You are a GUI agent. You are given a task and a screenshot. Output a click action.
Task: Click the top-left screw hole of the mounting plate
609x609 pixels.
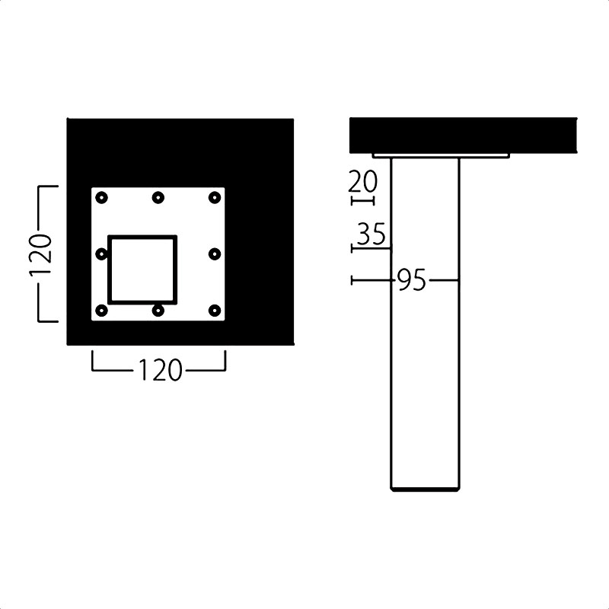pos(101,198)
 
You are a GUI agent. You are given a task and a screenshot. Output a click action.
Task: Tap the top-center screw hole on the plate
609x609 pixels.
pos(158,198)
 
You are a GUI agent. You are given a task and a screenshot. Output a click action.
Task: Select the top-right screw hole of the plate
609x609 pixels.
pos(215,198)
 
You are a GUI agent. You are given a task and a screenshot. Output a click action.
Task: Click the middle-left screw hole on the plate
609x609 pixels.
pos(101,254)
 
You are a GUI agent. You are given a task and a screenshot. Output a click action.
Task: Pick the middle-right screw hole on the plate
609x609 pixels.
pos(215,254)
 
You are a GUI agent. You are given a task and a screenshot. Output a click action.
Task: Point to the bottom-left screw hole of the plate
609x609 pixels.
pos(101,311)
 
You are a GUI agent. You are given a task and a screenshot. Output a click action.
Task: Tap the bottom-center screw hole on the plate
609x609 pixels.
pos(158,311)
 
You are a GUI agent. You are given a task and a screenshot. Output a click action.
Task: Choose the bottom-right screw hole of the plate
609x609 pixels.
pos(215,311)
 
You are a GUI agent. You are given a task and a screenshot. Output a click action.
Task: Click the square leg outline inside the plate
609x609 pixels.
pos(109,269)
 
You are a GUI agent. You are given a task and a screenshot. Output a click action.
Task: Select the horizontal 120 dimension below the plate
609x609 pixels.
pos(160,370)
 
